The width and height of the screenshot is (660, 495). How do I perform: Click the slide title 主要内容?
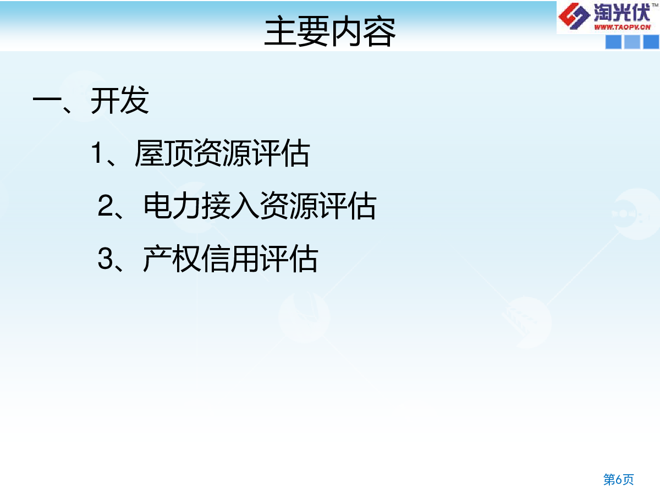click(330, 31)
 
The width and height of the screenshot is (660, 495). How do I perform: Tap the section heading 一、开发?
click(91, 101)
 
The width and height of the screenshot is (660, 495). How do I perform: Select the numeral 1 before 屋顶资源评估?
click(97, 153)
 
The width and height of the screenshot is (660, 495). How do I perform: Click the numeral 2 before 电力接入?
click(106, 206)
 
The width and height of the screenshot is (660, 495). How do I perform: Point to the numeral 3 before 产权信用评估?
click(106, 258)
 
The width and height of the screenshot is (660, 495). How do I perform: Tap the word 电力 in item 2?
click(172, 206)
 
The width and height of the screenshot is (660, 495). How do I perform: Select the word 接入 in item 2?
click(230, 206)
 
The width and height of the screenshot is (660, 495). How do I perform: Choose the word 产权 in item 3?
click(172, 258)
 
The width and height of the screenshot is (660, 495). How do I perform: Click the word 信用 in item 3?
click(230, 258)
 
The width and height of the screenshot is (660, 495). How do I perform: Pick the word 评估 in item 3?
click(289, 258)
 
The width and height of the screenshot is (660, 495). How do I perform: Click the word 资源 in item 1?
click(223, 153)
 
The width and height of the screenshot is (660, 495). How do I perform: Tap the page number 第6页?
click(619, 480)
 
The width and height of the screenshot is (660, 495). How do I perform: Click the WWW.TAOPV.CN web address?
click(623, 28)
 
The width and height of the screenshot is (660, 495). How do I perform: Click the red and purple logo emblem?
click(574, 16)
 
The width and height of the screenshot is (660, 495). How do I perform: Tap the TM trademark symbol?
click(655, 5)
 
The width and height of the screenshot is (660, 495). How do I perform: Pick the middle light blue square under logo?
click(632, 42)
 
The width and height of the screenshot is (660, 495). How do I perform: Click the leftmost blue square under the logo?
click(613, 42)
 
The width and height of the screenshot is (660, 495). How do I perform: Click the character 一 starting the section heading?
click(47, 99)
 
